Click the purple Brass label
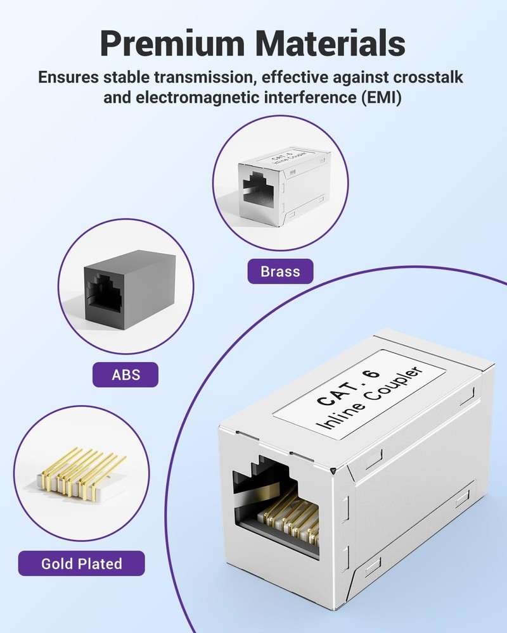tap(280, 272)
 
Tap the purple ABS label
tap(125, 375)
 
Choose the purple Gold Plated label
tap(81, 563)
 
